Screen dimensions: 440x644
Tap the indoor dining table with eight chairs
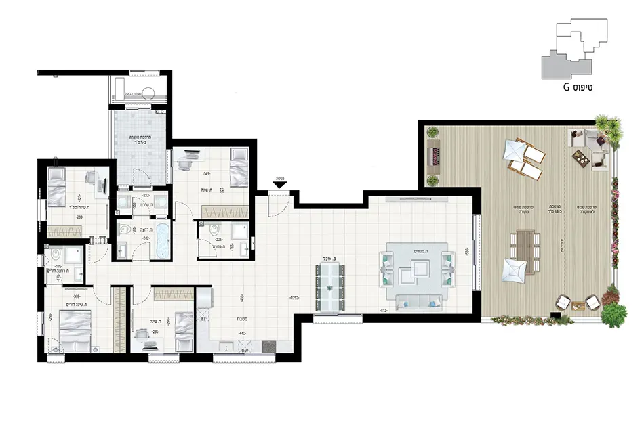[x=329, y=287]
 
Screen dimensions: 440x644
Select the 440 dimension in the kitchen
[x=243, y=334]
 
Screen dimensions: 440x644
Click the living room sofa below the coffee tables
[x=416, y=302]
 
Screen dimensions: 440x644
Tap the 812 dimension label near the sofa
[x=384, y=311]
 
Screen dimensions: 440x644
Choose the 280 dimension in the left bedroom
[x=79, y=217]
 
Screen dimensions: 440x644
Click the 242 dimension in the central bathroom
[x=145, y=238]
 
